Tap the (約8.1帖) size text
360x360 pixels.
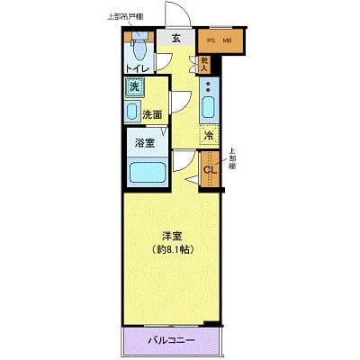click(x=169, y=248)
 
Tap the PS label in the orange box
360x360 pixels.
click(x=211, y=41)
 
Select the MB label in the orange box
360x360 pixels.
click(x=228, y=41)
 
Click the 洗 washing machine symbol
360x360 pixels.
click(x=134, y=87)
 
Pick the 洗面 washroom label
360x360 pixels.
click(x=152, y=115)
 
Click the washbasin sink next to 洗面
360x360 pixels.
click(x=132, y=112)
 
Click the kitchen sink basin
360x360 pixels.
click(x=209, y=109)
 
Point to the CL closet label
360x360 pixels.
click(x=209, y=170)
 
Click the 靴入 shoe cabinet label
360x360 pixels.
click(x=204, y=64)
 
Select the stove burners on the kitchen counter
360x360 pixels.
click(x=209, y=87)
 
